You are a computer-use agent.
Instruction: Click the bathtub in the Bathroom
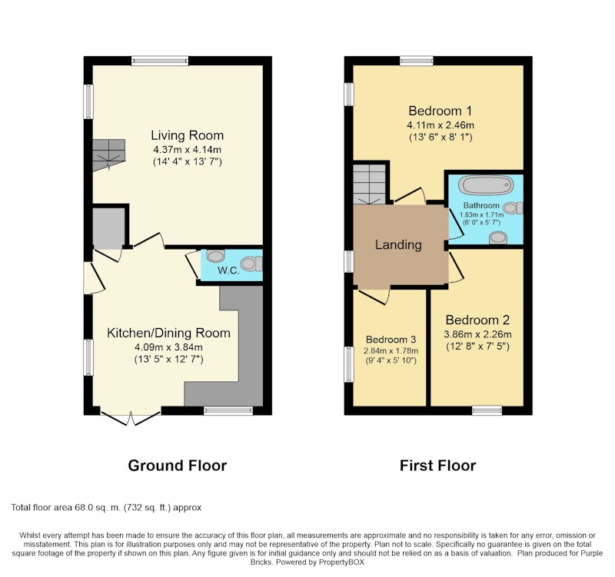point(486,185)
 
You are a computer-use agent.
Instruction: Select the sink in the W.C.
point(215,256)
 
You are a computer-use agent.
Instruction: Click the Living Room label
point(187,135)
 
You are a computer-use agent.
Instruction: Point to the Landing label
point(398,244)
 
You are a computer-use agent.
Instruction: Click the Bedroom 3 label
point(391,340)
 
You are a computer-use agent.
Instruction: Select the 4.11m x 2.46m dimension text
point(440,125)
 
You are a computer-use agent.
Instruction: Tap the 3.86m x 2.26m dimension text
point(477,334)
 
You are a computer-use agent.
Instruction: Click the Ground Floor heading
point(178,466)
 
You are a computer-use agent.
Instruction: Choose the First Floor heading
point(437,466)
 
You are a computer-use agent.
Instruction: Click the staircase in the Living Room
point(108,155)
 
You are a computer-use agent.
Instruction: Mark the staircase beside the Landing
point(369,184)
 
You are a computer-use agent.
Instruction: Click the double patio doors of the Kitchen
point(131,418)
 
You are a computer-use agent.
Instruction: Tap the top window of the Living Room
point(160,61)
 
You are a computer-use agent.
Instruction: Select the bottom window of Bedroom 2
point(487,410)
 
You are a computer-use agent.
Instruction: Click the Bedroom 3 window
point(349,363)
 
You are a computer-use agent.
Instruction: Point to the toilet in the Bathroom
point(513,207)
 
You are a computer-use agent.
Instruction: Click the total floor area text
point(106,508)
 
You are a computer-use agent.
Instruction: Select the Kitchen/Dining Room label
point(168,333)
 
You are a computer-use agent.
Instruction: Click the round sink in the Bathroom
point(498,237)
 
